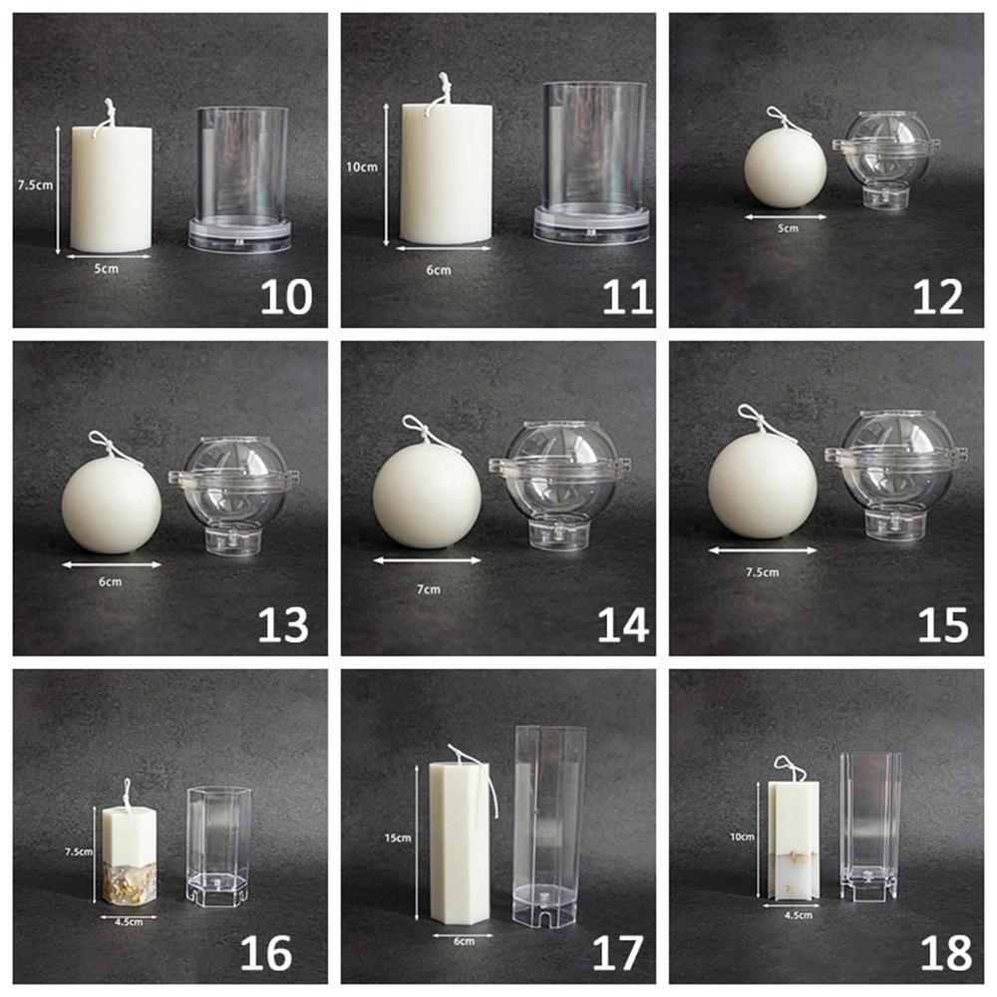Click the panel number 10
pos(286,296)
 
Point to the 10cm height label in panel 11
pos(362,169)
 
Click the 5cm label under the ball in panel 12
pos(788,228)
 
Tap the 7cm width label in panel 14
pos(428,588)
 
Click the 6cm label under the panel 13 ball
pos(111,581)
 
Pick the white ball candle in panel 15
pos(762,486)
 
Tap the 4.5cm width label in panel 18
pos(797,914)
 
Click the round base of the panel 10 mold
pos(239,238)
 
